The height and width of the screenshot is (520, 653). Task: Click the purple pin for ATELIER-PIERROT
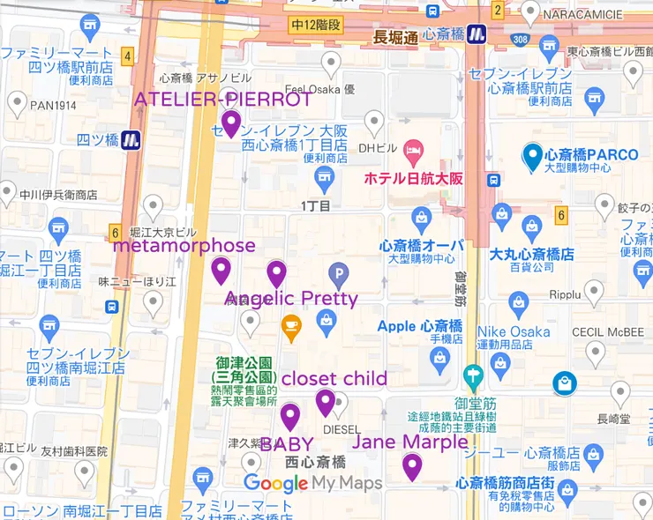231,123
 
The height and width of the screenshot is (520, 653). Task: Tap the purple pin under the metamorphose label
221,270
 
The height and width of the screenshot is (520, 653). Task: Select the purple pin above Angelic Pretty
277,274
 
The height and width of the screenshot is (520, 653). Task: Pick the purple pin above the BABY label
290,416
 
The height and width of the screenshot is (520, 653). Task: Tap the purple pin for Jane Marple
412,466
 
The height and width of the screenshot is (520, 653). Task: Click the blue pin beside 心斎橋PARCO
532,156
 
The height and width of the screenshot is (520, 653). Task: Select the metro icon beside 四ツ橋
131,139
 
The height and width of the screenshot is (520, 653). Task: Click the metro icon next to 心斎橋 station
477,34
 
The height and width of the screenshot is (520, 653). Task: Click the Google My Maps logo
312,483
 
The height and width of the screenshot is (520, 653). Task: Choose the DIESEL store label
342,429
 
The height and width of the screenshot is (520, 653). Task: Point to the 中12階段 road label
317,26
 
